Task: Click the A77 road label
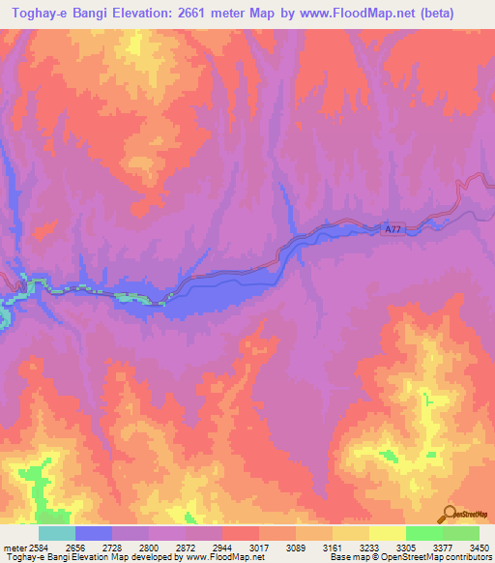(392, 229)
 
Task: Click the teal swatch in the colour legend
(57, 533)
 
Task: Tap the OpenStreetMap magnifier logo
(451, 513)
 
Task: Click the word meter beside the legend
(13, 548)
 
